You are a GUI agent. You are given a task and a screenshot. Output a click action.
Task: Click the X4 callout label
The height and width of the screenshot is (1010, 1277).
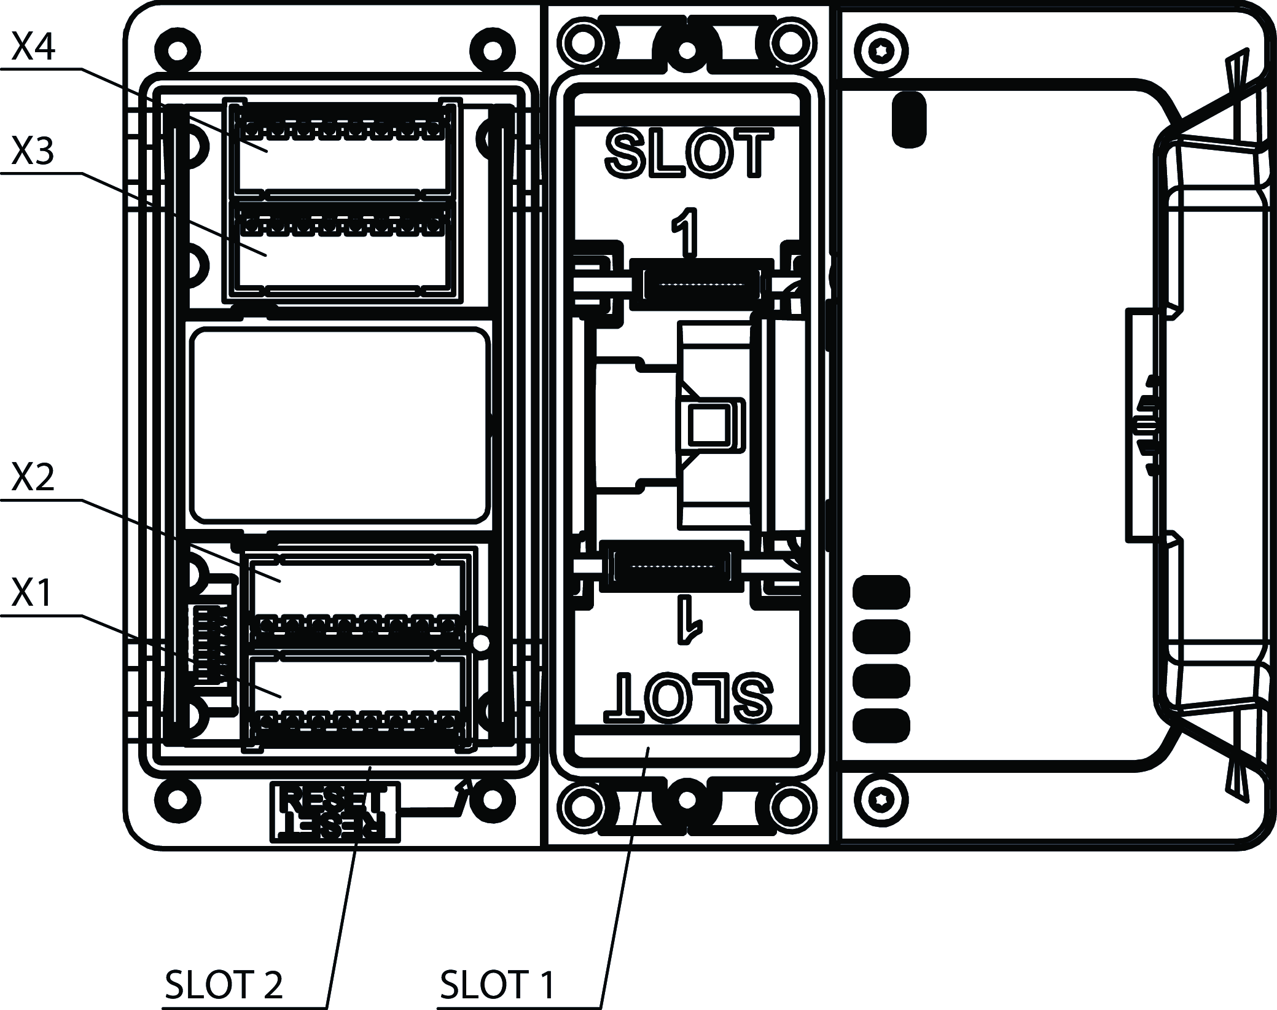(x=34, y=48)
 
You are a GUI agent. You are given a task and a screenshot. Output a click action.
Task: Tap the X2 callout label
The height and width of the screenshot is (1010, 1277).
(x=34, y=478)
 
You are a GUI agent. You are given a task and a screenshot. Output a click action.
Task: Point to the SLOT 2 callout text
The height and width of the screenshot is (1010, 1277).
(x=224, y=984)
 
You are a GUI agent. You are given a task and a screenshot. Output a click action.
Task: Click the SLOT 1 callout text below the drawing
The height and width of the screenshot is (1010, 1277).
(x=498, y=984)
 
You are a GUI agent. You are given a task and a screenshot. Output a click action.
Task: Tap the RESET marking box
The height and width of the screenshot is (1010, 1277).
(x=335, y=811)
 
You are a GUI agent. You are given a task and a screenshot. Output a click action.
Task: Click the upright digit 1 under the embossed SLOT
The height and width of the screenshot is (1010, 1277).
(x=685, y=233)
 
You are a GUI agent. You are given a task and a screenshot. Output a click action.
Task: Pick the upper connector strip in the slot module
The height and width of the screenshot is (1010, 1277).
(x=701, y=283)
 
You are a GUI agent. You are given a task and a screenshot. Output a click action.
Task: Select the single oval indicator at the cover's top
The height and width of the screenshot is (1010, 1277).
(x=909, y=119)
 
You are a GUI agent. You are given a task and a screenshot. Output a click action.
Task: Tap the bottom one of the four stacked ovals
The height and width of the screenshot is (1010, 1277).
(x=881, y=725)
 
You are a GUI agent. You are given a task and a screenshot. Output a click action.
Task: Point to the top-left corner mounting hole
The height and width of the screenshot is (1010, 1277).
(x=179, y=50)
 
